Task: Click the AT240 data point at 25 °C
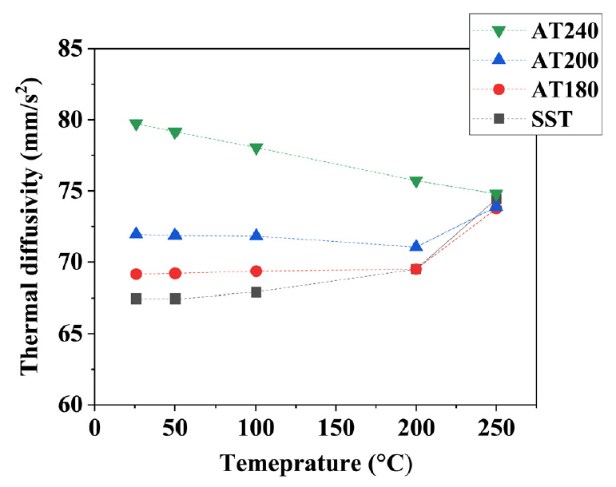point(136,125)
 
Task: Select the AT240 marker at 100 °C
point(256,148)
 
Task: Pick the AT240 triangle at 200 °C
point(416,182)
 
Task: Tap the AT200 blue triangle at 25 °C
point(136,234)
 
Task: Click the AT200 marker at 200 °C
point(416,246)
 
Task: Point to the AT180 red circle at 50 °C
point(176,273)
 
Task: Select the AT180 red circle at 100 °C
point(256,271)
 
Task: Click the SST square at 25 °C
point(136,299)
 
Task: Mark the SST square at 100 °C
point(256,292)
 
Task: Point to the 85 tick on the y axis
point(73,49)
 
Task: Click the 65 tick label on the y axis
point(73,334)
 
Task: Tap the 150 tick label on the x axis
point(336,427)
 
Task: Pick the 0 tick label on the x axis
point(95,427)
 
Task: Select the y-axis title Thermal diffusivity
point(30,227)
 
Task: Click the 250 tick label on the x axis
point(496,427)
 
